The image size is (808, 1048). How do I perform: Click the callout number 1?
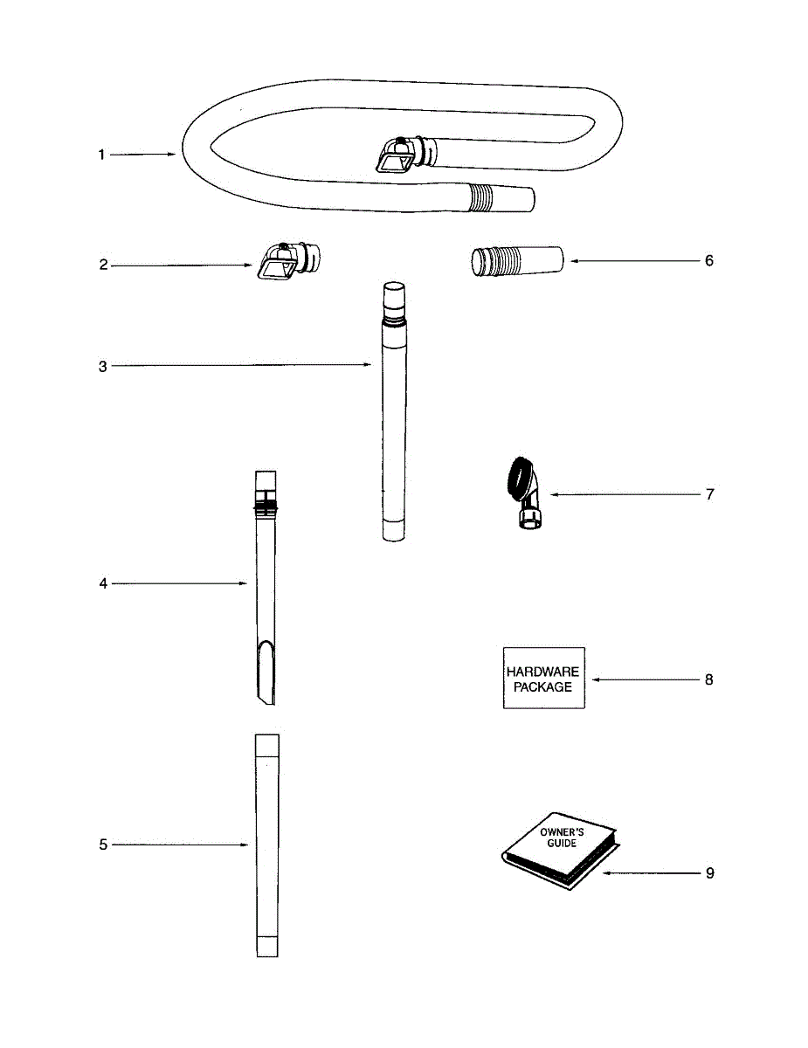(x=101, y=155)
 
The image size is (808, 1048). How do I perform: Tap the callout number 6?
(x=709, y=260)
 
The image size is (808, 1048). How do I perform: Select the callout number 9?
(x=709, y=872)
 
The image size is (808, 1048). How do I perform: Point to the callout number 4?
(x=102, y=583)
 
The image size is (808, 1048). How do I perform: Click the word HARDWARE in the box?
(x=542, y=672)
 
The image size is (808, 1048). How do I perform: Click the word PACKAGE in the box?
(x=542, y=686)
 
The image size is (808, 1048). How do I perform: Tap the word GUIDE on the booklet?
(x=562, y=844)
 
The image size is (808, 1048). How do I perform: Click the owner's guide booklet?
(x=559, y=856)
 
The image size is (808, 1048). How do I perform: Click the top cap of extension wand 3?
(x=392, y=290)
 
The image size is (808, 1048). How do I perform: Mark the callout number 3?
(x=102, y=366)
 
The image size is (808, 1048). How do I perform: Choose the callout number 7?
(x=709, y=494)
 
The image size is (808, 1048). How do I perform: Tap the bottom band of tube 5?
(x=266, y=947)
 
